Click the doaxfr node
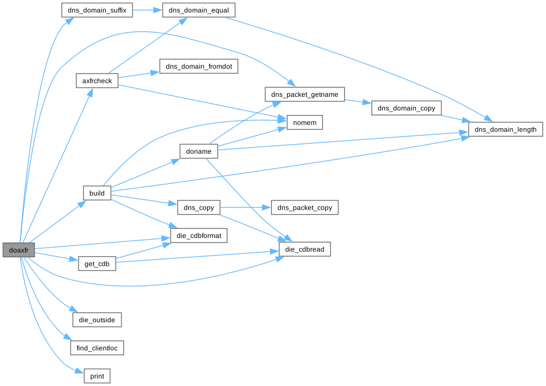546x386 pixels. point(19,249)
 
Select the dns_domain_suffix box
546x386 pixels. point(97,10)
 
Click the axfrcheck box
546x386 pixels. point(97,81)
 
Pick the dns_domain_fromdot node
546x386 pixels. point(198,66)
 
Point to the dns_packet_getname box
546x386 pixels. point(305,94)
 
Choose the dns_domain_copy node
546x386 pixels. point(406,108)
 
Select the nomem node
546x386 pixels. point(304,122)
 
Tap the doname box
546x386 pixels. point(198,151)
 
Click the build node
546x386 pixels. point(97,193)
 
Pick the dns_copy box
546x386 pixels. point(198,208)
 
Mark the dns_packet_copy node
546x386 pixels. point(305,208)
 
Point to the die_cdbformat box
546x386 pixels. point(198,235)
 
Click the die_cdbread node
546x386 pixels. point(305,249)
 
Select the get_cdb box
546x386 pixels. point(97,264)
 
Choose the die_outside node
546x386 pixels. point(97,319)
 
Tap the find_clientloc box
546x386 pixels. point(97,348)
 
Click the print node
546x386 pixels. point(97,376)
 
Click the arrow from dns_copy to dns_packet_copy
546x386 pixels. point(245,208)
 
